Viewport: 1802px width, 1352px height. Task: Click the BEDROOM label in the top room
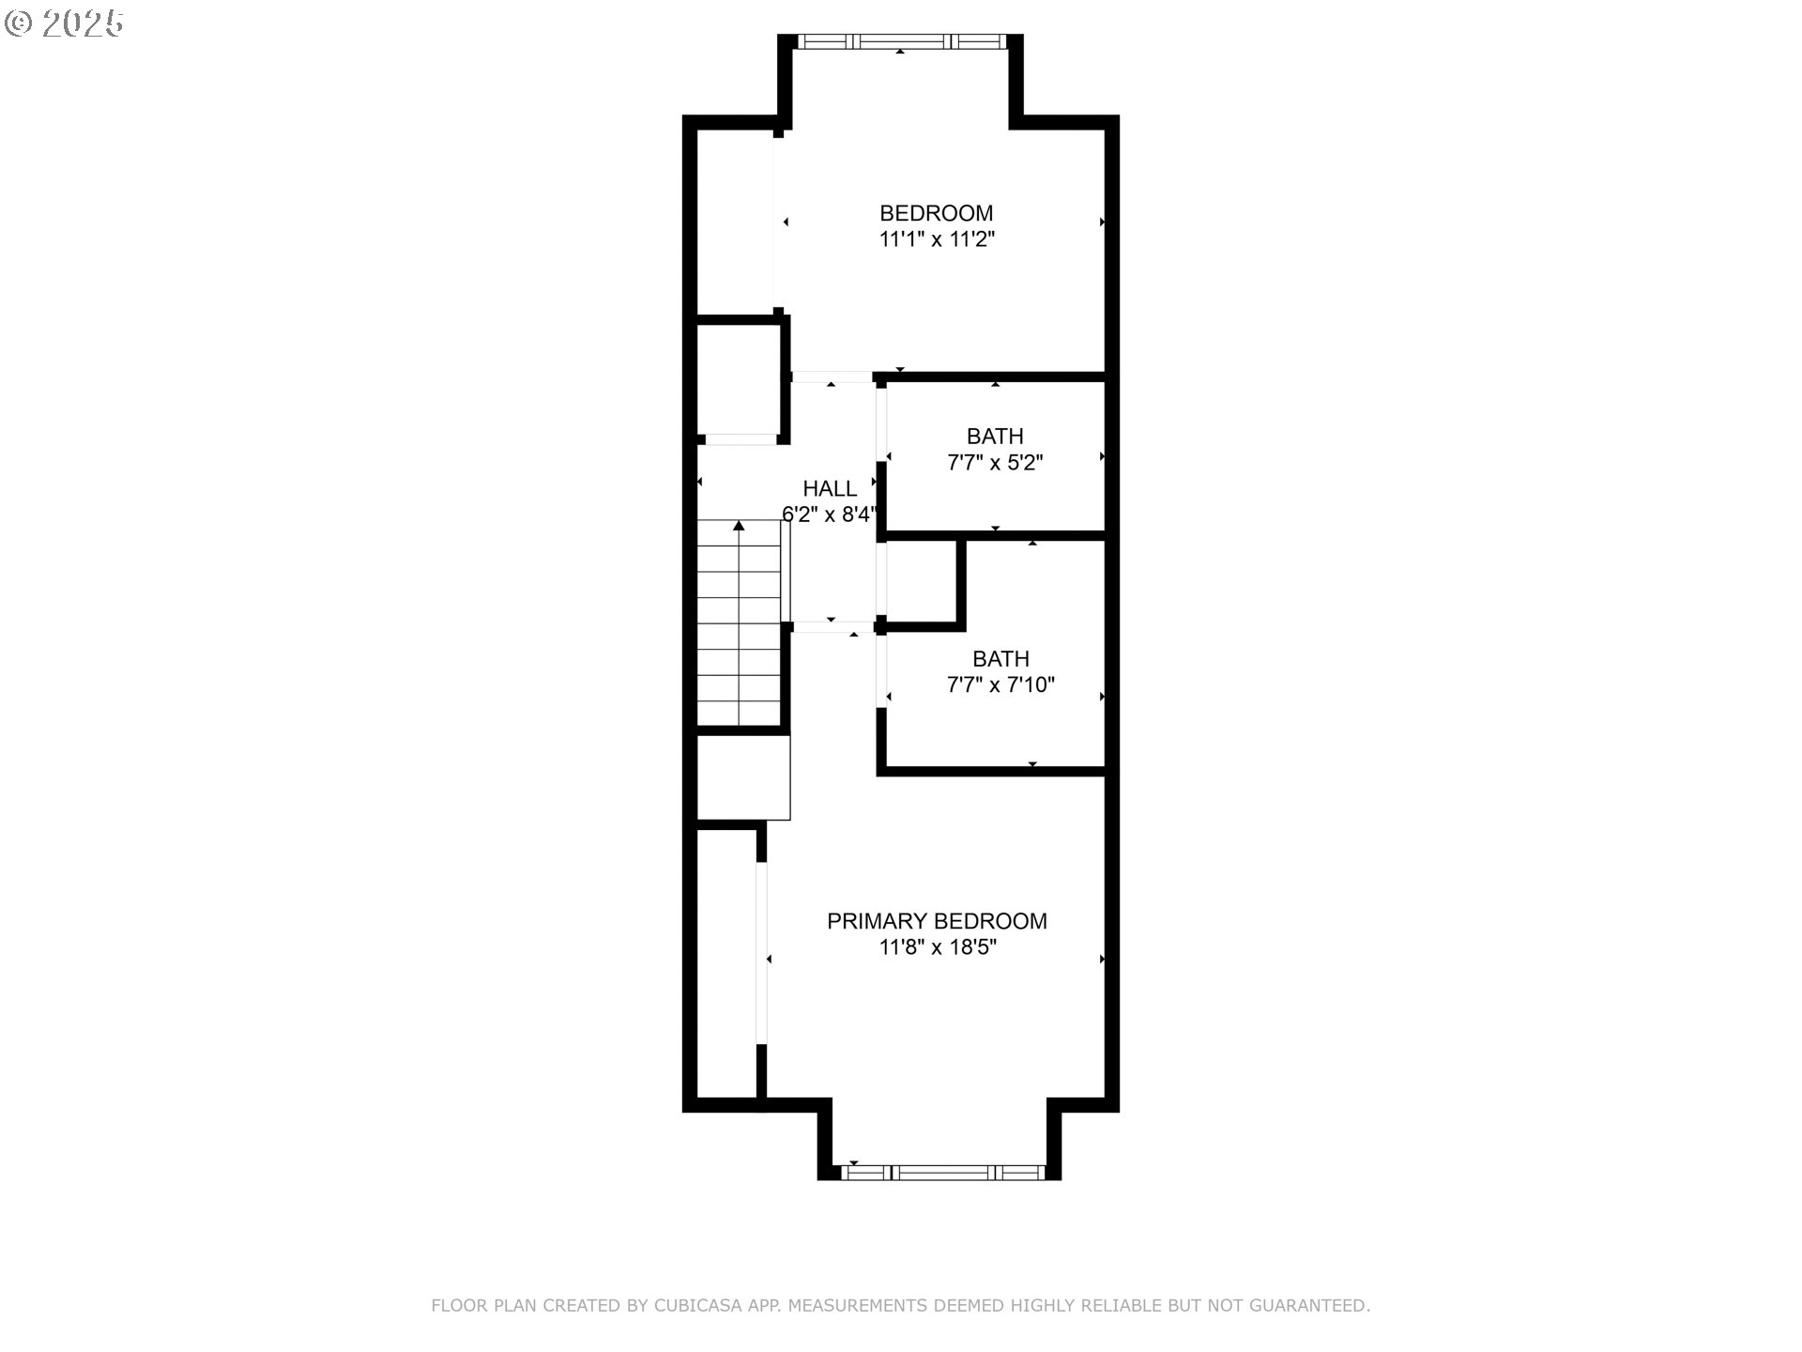(x=936, y=213)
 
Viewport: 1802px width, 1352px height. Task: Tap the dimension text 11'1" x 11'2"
(x=936, y=239)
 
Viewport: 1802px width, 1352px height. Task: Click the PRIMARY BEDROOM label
(x=936, y=921)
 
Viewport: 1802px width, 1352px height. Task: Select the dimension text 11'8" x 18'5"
(x=936, y=947)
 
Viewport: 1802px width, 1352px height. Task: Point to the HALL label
(x=830, y=488)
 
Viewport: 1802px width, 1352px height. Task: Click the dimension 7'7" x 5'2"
(x=995, y=463)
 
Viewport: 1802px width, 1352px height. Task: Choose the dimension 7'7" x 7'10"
(x=1000, y=684)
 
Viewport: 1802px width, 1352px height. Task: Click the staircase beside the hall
(x=739, y=624)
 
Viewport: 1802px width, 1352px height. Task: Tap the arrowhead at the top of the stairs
(x=739, y=526)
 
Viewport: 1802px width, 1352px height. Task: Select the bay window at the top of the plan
(x=901, y=41)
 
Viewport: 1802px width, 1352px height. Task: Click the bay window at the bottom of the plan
(x=942, y=1172)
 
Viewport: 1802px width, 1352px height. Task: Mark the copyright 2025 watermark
(x=64, y=23)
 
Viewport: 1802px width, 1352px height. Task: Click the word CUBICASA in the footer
(x=697, y=1306)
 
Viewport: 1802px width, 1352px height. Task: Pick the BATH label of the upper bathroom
(x=995, y=437)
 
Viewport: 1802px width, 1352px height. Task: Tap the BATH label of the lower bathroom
(x=1000, y=658)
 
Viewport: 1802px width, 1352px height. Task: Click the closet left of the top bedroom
(x=735, y=221)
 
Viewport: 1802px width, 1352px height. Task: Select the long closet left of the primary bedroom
(x=726, y=962)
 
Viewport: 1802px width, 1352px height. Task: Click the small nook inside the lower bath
(x=921, y=581)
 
